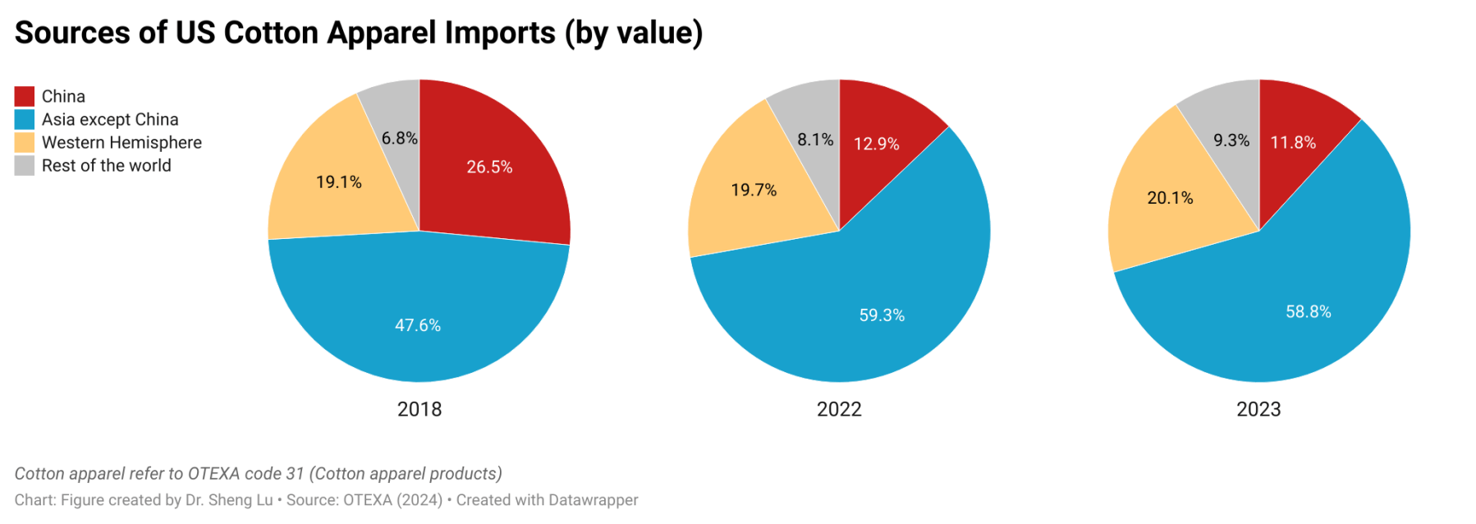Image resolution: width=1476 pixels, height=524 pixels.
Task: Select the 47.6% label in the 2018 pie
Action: pos(418,325)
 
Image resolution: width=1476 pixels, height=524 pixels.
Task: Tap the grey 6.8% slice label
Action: pos(399,138)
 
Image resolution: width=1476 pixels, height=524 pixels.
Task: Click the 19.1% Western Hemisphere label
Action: pos(339,182)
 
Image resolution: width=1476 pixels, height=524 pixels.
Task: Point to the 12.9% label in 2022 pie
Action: pos(876,144)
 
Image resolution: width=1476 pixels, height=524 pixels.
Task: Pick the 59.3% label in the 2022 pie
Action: pos(882,315)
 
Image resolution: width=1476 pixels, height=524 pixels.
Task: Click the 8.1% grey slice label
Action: pos(815,140)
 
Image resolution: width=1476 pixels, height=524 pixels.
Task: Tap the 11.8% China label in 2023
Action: pos(1293,142)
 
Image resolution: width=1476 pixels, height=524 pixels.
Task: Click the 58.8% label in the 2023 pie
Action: pos(1308,311)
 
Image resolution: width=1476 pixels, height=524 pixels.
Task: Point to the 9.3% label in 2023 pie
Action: pos(1231,140)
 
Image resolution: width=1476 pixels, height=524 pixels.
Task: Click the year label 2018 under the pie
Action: pos(419,409)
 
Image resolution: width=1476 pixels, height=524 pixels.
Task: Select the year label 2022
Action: pos(839,409)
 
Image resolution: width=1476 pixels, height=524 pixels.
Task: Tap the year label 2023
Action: pos(1258,409)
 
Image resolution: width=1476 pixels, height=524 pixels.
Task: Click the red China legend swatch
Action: pos(25,96)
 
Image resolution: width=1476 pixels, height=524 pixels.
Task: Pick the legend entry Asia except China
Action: pos(110,119)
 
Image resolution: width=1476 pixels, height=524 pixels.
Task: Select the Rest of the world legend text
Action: pos(106,165)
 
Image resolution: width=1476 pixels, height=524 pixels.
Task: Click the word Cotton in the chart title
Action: pos(271,33)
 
